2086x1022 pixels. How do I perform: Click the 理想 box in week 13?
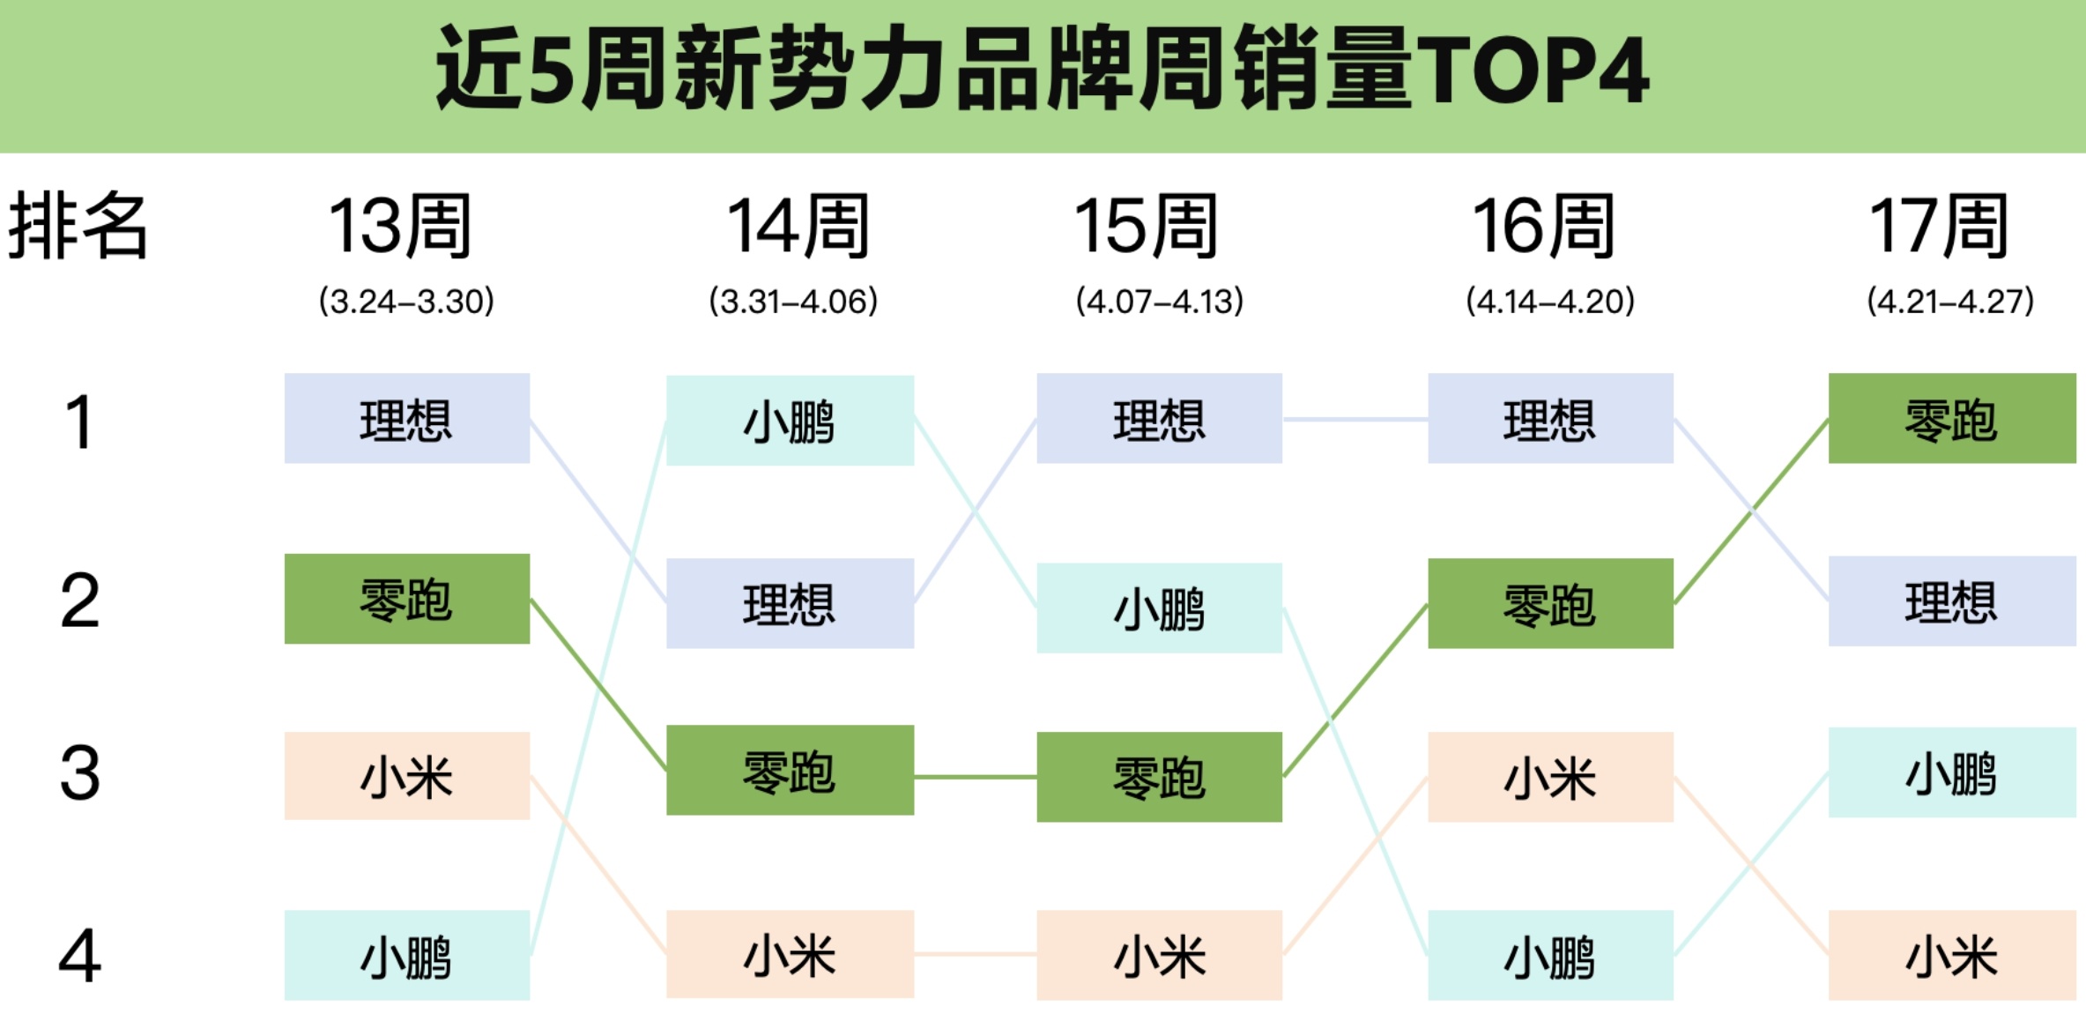point(406,418)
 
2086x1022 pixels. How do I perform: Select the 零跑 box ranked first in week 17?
point(1951,418)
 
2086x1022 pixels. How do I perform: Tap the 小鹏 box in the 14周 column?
point(790,421)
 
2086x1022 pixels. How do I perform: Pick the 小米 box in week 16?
point(1550,777)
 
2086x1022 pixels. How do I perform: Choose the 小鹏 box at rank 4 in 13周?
point(406,955)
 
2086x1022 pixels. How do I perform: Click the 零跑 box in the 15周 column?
point(1159,777)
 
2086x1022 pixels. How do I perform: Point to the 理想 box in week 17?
point(1951,601)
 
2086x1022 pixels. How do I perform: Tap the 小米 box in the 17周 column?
point(1951,955)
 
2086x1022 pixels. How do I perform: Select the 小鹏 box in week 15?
point(1159,608)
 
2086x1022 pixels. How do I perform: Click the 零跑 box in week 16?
point(1550,603)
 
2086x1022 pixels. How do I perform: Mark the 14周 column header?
point(798,227)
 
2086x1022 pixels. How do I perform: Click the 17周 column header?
point(1940,227)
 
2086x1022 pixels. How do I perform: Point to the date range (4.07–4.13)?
point(1159,302)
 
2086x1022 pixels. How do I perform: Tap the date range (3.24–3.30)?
point(406,302)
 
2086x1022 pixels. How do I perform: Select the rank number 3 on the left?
point(79,773)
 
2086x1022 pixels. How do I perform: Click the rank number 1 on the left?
point(79,421)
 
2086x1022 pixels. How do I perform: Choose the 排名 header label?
point(78,226)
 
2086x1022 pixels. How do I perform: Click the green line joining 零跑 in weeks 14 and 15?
point(976,777)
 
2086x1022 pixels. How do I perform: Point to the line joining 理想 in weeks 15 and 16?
point(1355,419)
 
